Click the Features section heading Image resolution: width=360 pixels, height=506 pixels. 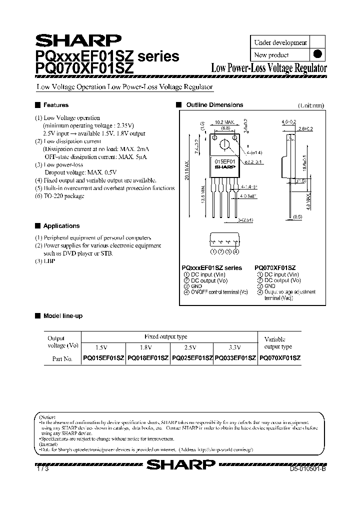(x=55, y=105)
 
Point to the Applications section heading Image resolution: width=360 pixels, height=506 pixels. (x=61, y=226)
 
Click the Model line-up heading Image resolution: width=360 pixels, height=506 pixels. (x=62, y=316)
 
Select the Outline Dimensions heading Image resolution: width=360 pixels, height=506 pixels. (x=214, y=105)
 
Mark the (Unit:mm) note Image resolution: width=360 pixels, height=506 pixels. (x=311, y=105)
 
